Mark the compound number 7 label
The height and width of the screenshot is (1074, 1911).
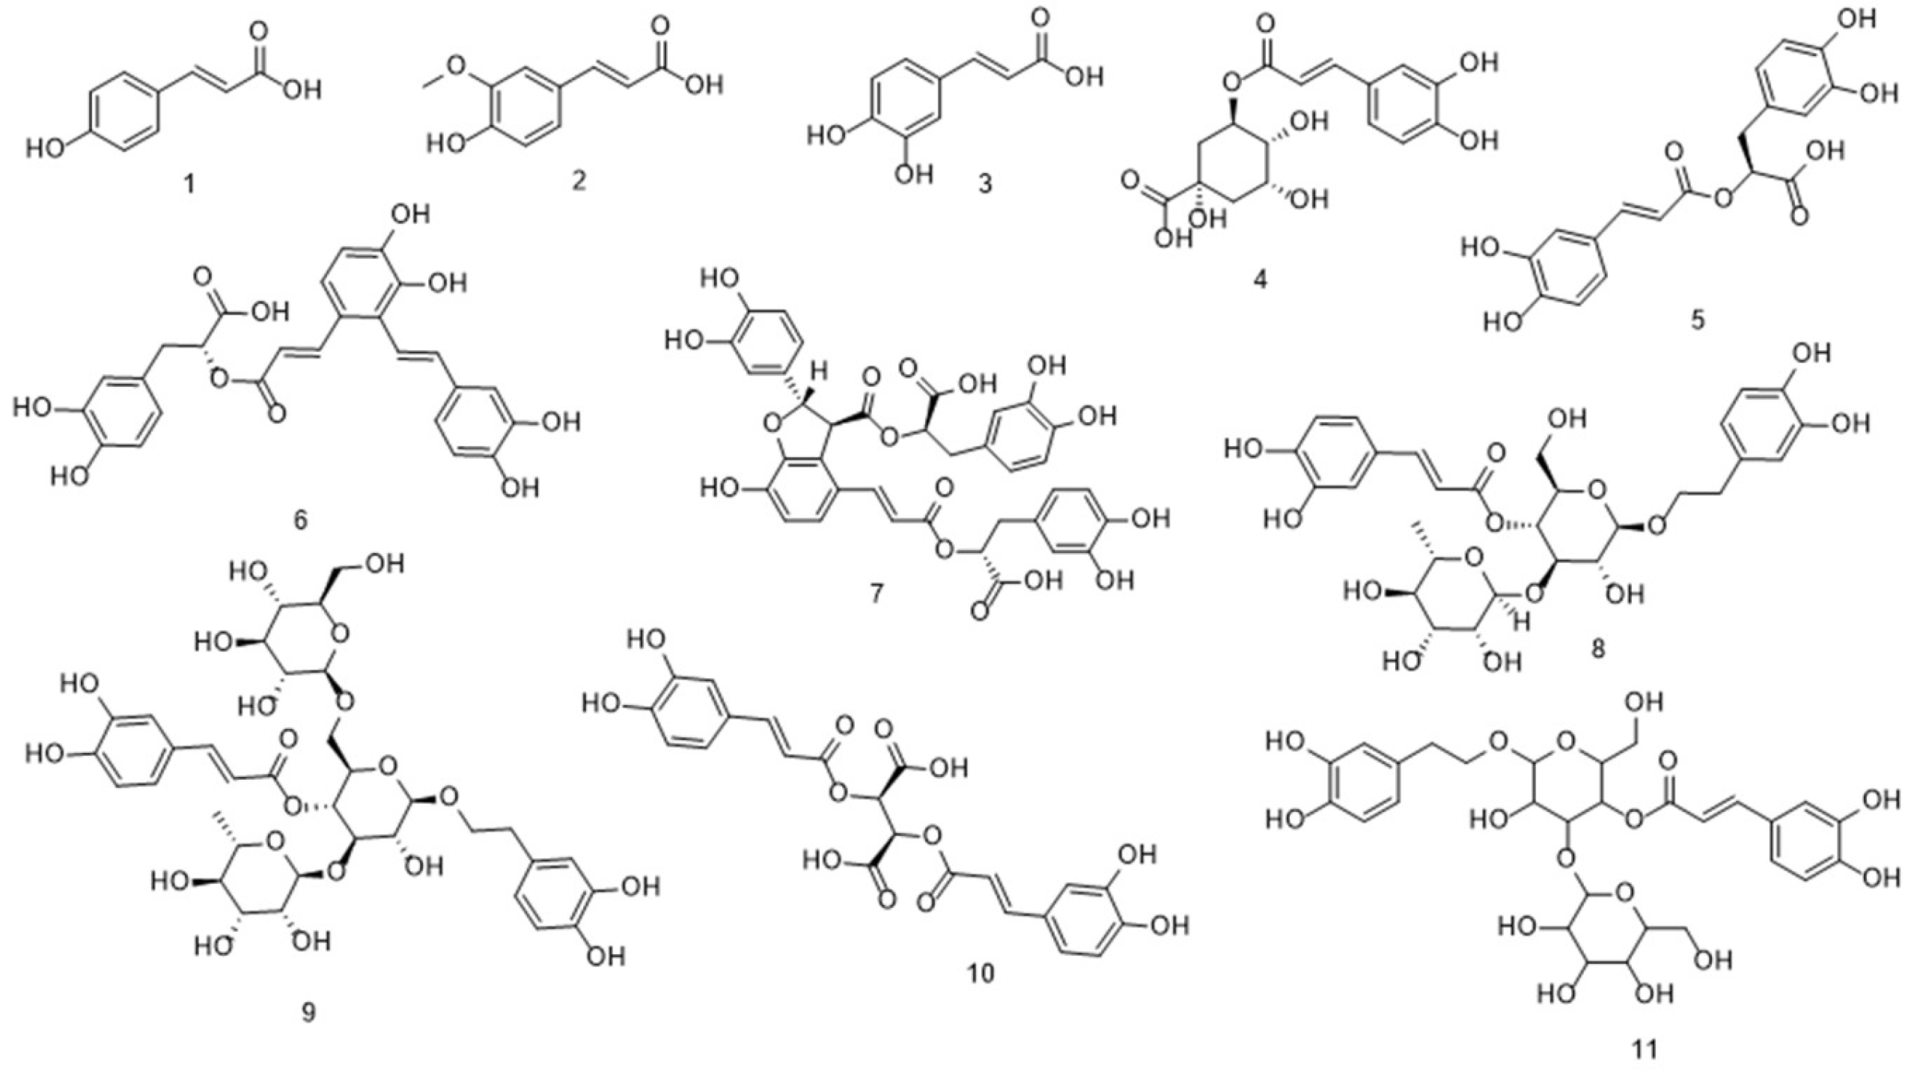click(875, 594)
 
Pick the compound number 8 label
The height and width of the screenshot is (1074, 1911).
click(1598, 648)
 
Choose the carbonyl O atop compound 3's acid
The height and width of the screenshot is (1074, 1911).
click(1041, 16)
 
